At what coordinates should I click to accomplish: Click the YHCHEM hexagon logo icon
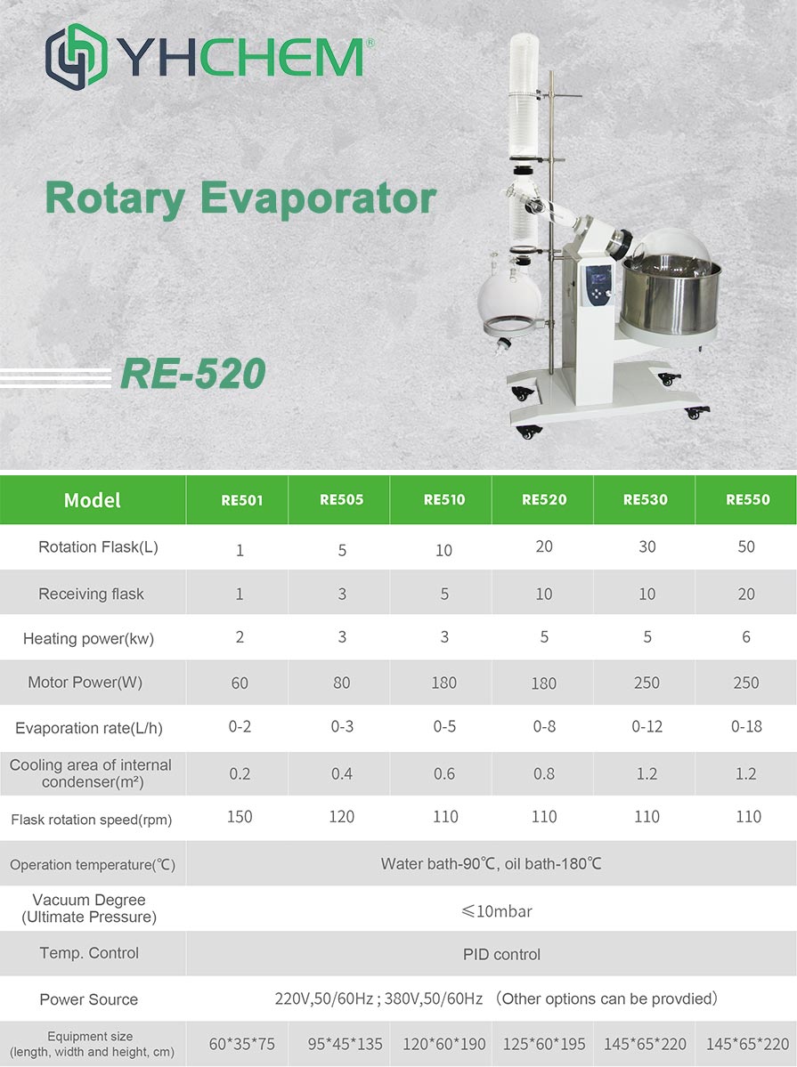click(77, 56)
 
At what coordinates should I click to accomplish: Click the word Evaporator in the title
click(318, 198)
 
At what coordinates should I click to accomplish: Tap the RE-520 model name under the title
click(192, 374)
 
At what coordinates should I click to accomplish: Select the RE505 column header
click(341, 499)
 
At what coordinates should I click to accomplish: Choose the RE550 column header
click(747, 499)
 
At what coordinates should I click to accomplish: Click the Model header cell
click(93, 500)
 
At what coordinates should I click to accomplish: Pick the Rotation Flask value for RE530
click(647, 546)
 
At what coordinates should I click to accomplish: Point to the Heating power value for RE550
click(746, 637)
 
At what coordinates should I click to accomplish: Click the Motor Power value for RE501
click(240, 683)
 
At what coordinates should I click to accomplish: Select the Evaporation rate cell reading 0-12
click(647, 727)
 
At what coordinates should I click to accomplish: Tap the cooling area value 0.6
click(444, 773)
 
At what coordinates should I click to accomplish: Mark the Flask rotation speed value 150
click(240, 817)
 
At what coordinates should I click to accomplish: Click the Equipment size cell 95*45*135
click(345, 1044)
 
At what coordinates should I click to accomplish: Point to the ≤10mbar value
click(497, 911)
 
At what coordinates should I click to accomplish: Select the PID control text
click(501, 955)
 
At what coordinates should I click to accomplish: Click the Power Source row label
click(88, 999)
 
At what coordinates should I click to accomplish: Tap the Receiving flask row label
click(92, 594)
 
